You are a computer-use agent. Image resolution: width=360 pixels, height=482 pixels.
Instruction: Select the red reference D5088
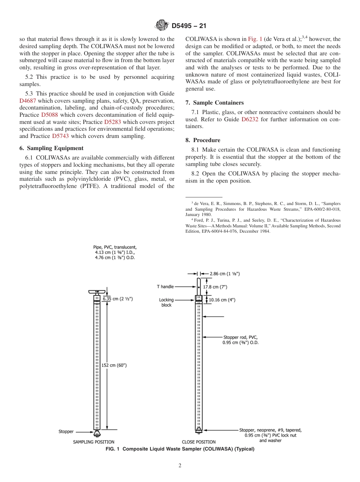pyautogui.click(x=49, y=115)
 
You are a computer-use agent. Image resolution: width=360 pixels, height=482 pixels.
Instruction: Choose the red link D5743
pyautogui.click(x=60, y=136)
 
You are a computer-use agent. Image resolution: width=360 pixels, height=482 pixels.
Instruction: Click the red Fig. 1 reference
pyautogui.click(x=255, y=39)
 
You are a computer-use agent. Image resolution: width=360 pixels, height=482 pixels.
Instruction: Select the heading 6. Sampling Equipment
pyautogui.click(x=52, y=148)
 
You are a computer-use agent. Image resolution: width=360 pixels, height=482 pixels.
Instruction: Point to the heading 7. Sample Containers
pyautogui.click(x=214, y=103)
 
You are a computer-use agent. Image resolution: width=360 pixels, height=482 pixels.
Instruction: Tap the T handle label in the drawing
pyautogui.click(x=165, y=287)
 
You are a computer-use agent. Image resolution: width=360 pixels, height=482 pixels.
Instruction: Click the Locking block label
pyautogui.click(x=166, y=302)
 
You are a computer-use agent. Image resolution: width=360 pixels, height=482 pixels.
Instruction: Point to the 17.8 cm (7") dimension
pyautogui.click(x=215, y=287)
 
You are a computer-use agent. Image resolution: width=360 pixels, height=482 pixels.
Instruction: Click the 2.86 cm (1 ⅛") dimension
pyautogui.click(x=225, y=273)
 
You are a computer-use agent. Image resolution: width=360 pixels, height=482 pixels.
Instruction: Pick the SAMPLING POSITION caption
pyautogui.click(x=94, y=442)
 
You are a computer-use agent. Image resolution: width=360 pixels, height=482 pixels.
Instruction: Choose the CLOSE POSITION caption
pyautogui.click(x=199, y=442)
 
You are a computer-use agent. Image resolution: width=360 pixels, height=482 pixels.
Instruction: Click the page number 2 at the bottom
pyautogui.click(x=180, y=466)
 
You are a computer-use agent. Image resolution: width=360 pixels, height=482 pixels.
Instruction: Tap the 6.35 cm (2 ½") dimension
pyautogui.click(x=117, y=299)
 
